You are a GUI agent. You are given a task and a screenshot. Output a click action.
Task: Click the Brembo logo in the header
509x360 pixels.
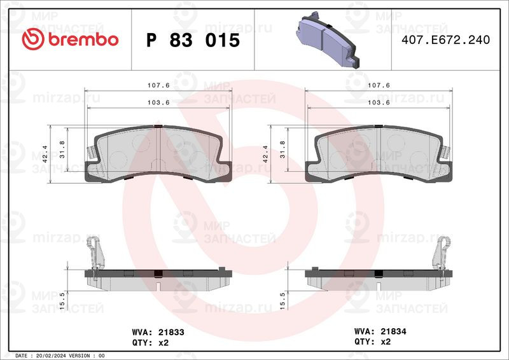point(70,39)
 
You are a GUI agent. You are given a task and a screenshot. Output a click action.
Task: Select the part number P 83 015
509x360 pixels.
point(193,40)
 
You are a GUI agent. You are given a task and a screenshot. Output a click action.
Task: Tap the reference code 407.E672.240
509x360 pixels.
point(446,39)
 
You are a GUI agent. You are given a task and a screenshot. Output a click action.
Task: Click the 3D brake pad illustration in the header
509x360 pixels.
point(328,39)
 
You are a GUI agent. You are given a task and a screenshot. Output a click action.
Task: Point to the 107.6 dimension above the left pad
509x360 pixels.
point(158,85)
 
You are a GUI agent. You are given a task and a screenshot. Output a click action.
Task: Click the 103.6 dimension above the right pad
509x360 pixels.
point(379,102)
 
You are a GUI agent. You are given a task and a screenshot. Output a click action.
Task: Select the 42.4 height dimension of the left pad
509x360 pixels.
point(45,154)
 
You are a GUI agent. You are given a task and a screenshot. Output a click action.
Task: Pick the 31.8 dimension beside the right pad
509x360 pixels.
point(282,149)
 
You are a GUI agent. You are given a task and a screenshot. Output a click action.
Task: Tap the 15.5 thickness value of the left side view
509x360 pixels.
point(62,301)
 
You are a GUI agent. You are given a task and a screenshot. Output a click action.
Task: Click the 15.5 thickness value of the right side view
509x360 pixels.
point(282,301)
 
